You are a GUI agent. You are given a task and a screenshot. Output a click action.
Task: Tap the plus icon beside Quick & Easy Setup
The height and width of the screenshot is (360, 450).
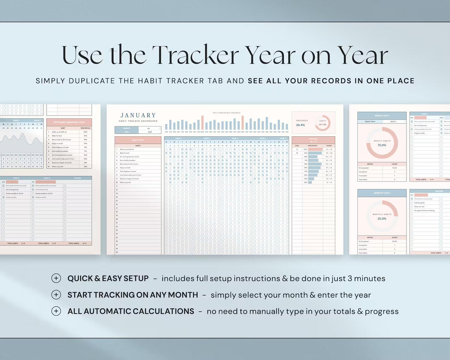point(56,278)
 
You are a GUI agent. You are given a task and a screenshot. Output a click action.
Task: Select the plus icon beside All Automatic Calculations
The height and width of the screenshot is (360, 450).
point(56,311)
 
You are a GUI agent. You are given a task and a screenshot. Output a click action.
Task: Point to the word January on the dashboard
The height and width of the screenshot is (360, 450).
point(138,115)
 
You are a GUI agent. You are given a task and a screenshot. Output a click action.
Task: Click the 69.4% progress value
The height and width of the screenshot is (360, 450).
point(301,125)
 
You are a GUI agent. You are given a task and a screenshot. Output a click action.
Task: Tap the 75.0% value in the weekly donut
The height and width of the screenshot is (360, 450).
point(382,145)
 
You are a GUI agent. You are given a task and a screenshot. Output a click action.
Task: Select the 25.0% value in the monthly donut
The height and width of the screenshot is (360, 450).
point(382,218)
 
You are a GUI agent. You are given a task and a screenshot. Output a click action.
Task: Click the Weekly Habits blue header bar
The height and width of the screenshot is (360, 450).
point(381,116)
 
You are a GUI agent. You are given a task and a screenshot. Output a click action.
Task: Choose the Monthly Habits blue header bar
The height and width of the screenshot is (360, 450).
point(381,193)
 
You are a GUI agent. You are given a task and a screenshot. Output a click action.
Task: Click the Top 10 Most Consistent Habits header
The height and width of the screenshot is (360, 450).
point(69,121)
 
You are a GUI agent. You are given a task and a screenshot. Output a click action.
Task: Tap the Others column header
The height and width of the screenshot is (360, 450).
point(77,178)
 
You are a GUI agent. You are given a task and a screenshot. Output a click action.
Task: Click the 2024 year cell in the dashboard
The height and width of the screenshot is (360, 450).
point(149,131)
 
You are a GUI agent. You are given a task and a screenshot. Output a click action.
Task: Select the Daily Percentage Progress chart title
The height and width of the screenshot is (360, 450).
point(226,113)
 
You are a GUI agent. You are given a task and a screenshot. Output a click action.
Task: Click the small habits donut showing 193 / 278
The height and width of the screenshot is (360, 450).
point(322,123)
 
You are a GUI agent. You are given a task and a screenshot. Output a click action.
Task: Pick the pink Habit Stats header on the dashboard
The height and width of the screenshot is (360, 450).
point(138,140)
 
